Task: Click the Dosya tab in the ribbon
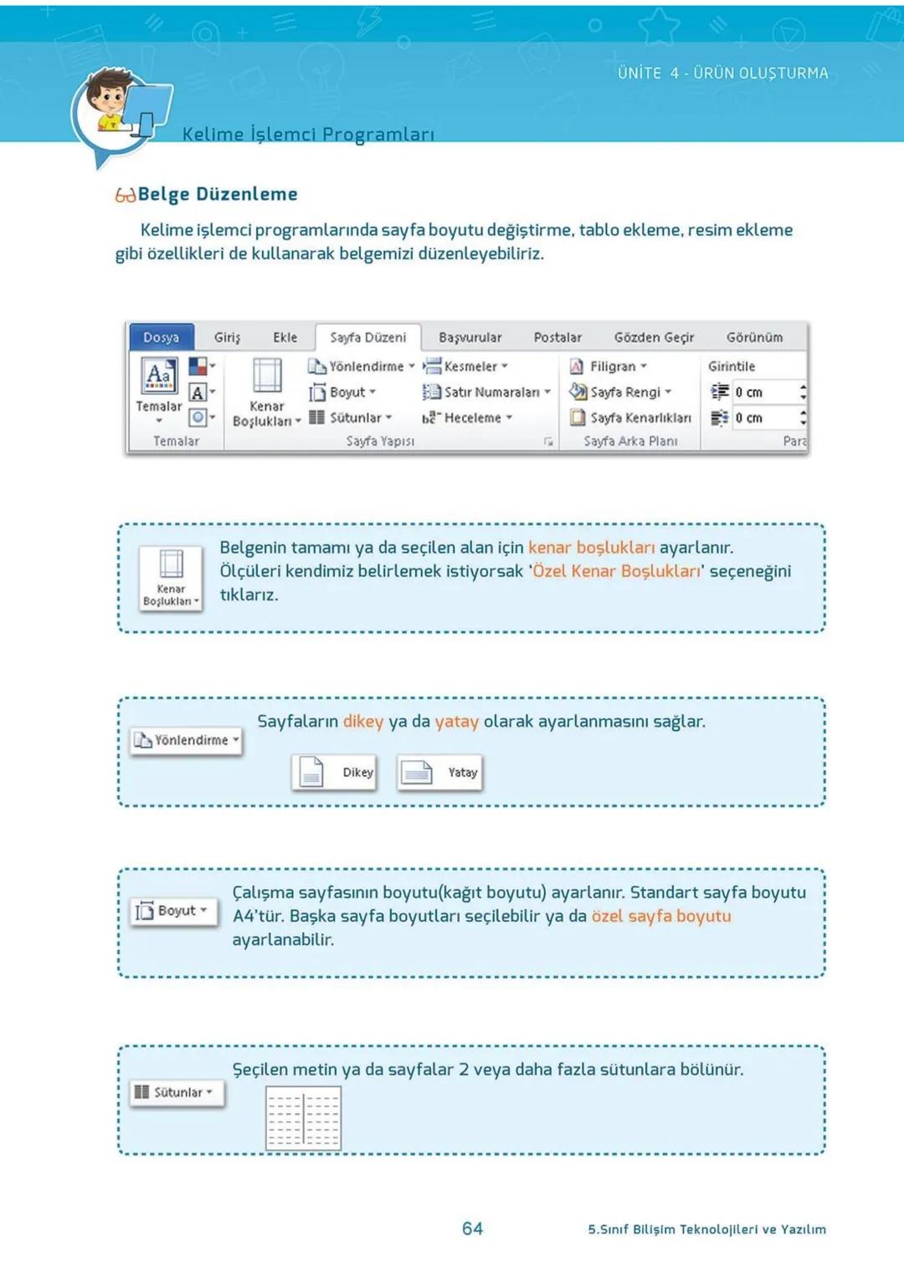(x=162, y=337)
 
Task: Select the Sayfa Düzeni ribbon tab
(x=367, y=337)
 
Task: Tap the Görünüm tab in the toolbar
(x=754, y=337)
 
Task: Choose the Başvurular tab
(x=470, y=337)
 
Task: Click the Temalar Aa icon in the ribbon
(x=159, y=376)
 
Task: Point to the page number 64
(x=472, y=1228)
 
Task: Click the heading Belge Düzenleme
(x=218, y=194)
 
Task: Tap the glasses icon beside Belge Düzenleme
(x=125, y=196)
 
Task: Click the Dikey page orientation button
(x=334, y=772)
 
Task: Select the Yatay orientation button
(x=439, y=772)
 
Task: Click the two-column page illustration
(x=303, y=1117)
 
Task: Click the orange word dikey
(x=363, y=721)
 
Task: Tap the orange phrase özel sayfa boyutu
(x=661, y=916)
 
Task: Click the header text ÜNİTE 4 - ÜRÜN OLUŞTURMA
(x=722, y=73)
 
